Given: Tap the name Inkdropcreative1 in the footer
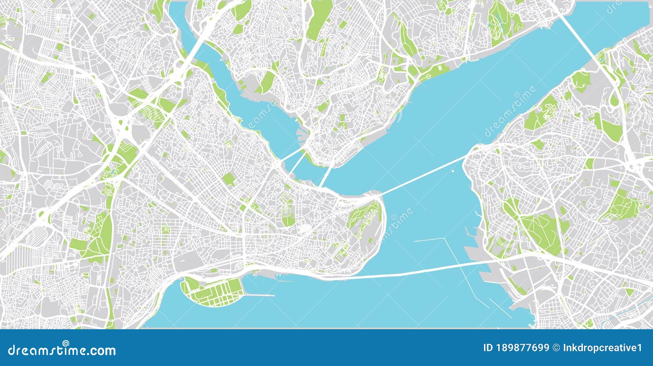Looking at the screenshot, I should click(x=602, y=348).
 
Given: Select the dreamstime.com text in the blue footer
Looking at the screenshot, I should click(x=62, y=350).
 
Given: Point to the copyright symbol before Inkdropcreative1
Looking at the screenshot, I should click(x=555, y=348).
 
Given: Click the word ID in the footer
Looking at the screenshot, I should click(x=488, y=348).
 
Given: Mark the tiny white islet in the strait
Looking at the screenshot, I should click(x=453, y=172).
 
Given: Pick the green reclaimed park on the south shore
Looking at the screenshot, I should click(x=212, y=291).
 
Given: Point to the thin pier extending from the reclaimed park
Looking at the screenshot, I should click(x=261, y=295).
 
